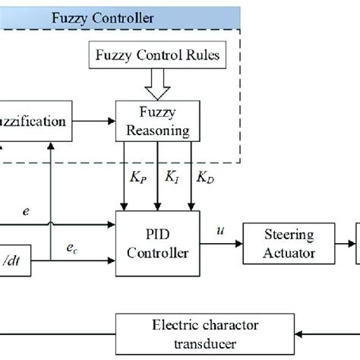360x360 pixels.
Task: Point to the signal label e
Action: click(27, 215)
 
